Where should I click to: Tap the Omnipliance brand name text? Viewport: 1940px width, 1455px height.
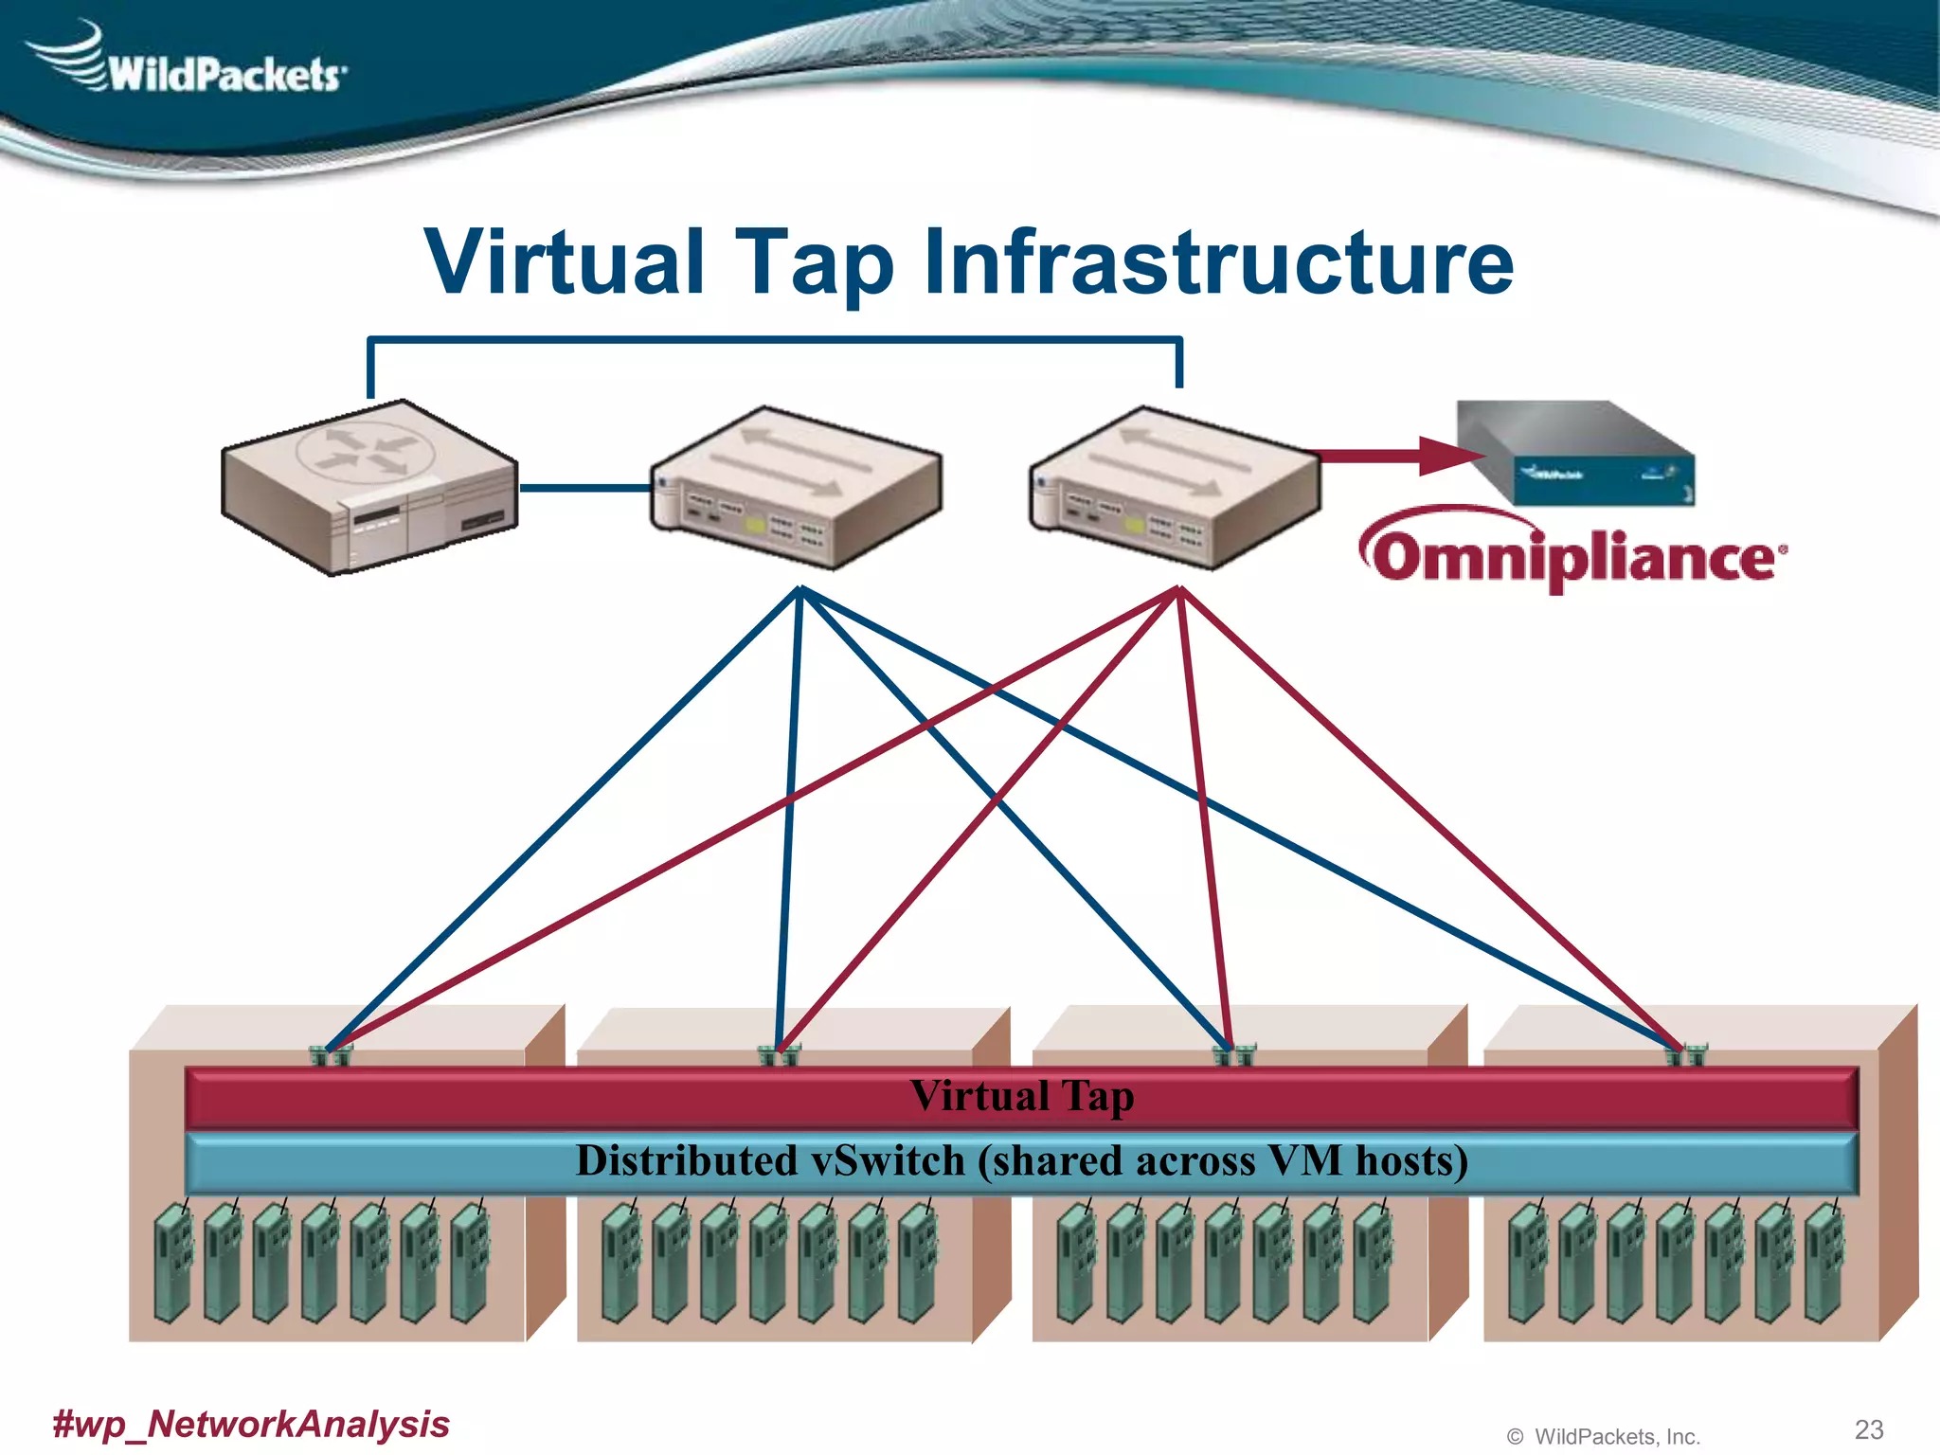1572,557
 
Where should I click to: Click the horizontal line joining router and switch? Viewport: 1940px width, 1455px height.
584,488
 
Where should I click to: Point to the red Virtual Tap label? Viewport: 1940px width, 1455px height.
1021,1097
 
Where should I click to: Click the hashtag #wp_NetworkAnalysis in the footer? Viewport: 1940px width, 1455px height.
251,1424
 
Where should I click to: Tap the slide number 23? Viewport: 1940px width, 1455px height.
1869,1429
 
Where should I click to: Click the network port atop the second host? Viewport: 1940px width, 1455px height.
779,1054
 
